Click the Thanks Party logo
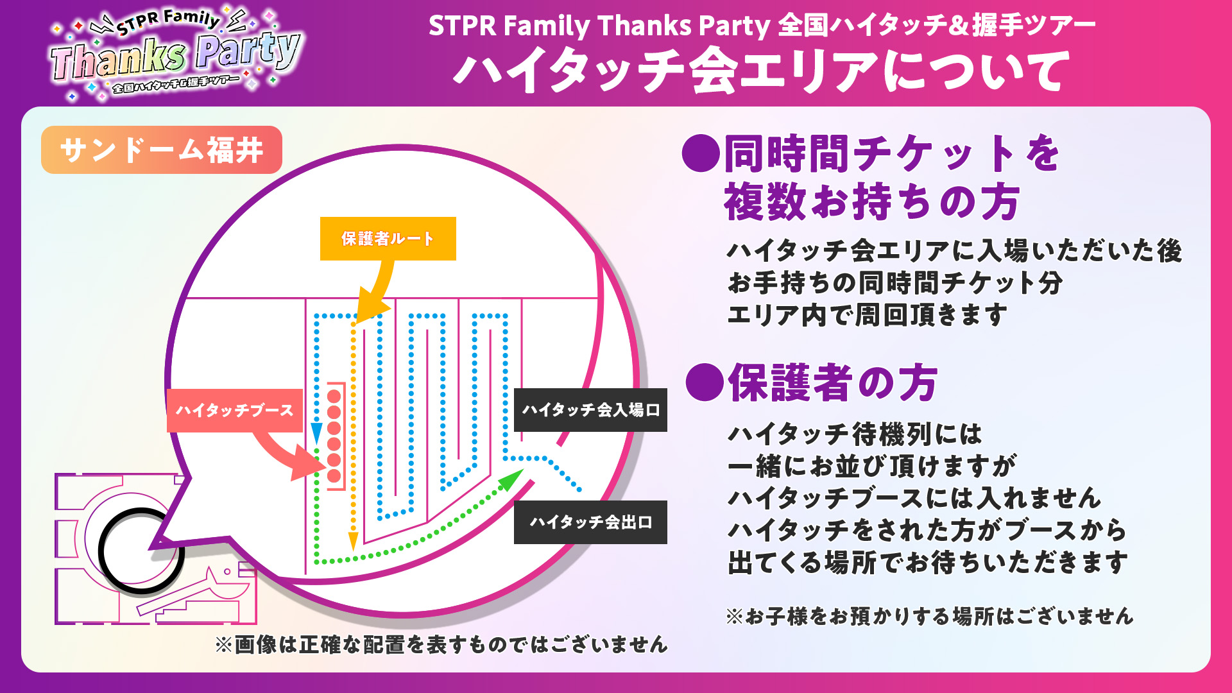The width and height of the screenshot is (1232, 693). (x=175, y=54)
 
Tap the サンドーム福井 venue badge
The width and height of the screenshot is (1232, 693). (x=162, y=150)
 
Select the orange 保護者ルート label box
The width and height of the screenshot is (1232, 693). (x=388, y=239)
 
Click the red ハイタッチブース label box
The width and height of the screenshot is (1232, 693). (x=235, y=410)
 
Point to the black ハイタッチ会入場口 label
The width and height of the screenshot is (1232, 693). (x=590, y=410)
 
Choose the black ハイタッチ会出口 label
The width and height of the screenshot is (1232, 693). (x=590, y=522)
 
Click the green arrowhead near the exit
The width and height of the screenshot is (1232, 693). (x=511, y=479)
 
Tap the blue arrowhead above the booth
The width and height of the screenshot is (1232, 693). (x=316, y=433)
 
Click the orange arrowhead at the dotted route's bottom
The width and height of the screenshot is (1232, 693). (x=353, y=542)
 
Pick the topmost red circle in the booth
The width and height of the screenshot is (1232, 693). (x=334, y=396)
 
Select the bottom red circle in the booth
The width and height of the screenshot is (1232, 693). (x=334, y=476)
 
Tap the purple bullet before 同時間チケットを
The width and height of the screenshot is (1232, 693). (x=701, y=153)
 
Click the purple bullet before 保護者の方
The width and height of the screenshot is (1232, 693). (x=705, y=382)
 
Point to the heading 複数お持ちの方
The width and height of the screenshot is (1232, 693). (x=872, y=201)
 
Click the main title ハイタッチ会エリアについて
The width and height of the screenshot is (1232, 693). (x=762, y=71)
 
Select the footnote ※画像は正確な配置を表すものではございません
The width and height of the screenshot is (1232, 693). (x=441, y=644)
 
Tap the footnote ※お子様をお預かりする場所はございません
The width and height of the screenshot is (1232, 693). (x=930, y=616)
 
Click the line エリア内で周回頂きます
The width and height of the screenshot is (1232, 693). (x=867, y=315)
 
